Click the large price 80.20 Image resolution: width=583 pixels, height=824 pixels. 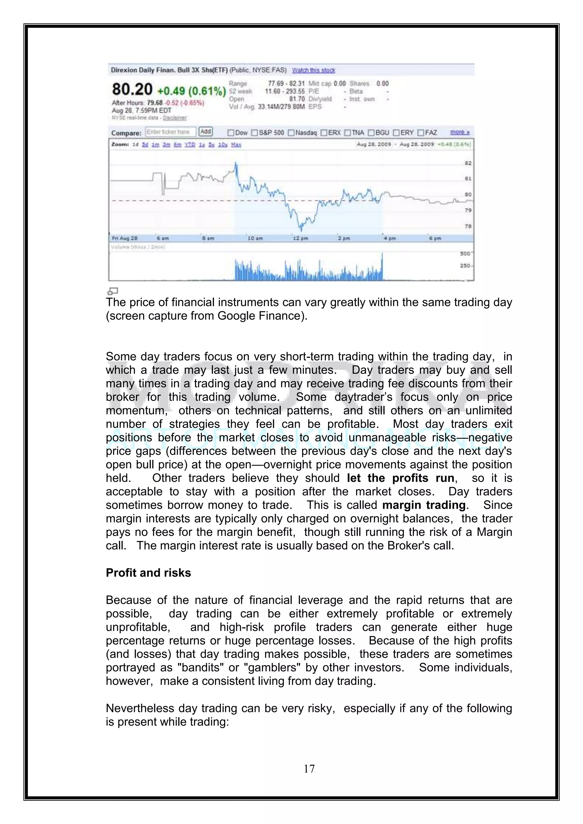tap(132, 89)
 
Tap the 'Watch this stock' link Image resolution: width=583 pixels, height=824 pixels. tap(313, 70)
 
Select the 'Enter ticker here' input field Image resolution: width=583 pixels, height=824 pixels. tap(171, 132)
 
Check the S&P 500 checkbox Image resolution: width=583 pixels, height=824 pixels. tap(254, 133)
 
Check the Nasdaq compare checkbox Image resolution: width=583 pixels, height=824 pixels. tap(291, 133)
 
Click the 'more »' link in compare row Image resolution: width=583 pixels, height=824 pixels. tap(460, 132)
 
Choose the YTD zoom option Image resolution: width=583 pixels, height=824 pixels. tap(190, 145)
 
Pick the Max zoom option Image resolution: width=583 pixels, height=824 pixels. tap(236, 145)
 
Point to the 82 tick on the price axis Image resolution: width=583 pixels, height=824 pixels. tap(468, 163)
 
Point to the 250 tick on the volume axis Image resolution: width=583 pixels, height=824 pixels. tap(465, 266)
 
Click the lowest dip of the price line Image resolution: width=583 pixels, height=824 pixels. tap(301, 230)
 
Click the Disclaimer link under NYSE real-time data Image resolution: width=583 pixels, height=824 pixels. tap(175, 118)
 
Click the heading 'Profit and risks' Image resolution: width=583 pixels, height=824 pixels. tap(148, 573)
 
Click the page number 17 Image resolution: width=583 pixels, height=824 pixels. tap(309, 769)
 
